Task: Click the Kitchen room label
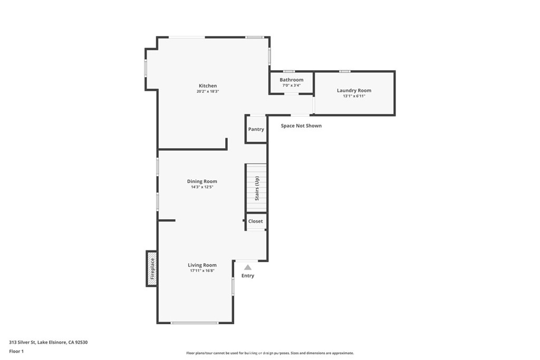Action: coord(208,86)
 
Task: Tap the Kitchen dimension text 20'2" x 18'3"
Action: coord(208,92)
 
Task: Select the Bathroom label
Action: coord(291,80)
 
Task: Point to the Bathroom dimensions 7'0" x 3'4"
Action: coord(291,85)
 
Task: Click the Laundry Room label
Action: coord(354,91)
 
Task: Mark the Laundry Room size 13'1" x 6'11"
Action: coord(354,96)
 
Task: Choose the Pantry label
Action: coord(256,130)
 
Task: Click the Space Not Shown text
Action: coord(301,125)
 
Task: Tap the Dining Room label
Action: coord(202,181)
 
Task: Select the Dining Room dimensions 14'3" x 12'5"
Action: coord(202,187)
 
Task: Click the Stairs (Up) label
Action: coord(257,189)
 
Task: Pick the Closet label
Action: coord(256,221)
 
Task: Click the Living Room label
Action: coord(202,265)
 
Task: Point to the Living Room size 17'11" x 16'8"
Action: coord(202,271)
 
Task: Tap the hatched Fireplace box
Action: coord(152,268)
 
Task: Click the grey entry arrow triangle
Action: coord(248,267)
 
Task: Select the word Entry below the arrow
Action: coord(248,276)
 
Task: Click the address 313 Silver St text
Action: coord(23,343)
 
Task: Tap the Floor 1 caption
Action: coord(16,352)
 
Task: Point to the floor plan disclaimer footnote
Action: coord(270,353)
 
